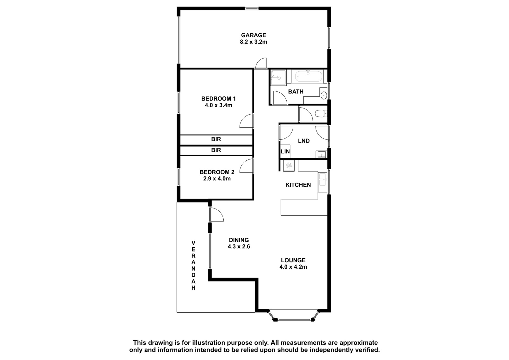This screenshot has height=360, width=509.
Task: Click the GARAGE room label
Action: pos(253,35)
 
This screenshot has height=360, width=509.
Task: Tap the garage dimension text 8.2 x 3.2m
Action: pos(253,42)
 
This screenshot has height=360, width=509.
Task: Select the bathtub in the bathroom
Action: pos(308,76)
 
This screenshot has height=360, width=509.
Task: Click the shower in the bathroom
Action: pos(278,78)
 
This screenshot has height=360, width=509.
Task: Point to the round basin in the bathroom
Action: pos(324,95)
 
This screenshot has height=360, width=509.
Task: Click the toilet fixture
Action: pos(321,113)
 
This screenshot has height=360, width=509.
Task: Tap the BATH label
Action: pos(296,92)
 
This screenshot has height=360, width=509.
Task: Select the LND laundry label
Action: pos(304,141)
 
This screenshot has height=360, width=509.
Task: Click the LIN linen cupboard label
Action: pos(285,151)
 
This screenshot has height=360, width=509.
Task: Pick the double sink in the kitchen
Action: pos(323,182)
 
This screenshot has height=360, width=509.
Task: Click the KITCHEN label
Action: pos(298,185)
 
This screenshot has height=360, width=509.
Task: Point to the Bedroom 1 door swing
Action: pos(247,121)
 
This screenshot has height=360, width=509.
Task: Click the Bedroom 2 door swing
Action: pos(247,166)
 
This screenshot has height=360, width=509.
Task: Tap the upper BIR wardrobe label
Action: pos(216,139)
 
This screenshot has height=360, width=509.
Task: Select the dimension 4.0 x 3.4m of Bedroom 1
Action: pos(219,105)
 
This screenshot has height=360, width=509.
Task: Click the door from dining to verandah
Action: pos(217,214)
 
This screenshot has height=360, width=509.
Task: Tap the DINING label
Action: pos(239,240)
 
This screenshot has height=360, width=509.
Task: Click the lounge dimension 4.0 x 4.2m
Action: pos(293,267)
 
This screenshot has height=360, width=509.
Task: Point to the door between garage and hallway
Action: pos(261,63)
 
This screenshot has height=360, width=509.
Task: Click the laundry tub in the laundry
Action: pos(321,155)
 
